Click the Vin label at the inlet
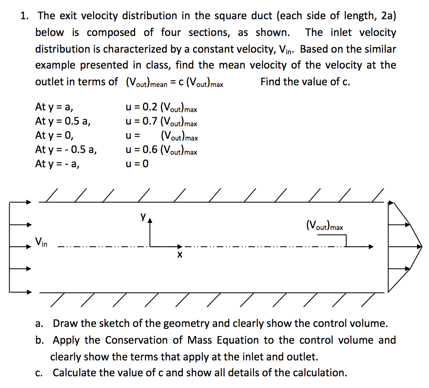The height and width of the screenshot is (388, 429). coord(41,241)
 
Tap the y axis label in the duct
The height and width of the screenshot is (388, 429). coord(143,217)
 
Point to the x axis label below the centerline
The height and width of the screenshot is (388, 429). coord(179,254)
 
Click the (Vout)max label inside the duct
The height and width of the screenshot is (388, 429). coord(324,226)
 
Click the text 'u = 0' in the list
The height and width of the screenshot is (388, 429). coord(137,164)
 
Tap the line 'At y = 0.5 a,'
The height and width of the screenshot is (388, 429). coord(63,122)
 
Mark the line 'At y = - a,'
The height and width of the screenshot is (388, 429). coord(58,164)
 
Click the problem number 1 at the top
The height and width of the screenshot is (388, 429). coord(25,16)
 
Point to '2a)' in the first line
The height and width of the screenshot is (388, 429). coord(388,16)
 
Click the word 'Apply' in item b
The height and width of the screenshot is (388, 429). coord(67,340)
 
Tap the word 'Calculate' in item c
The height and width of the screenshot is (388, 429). coord(74,372)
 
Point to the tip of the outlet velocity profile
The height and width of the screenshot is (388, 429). coord(421,247)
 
